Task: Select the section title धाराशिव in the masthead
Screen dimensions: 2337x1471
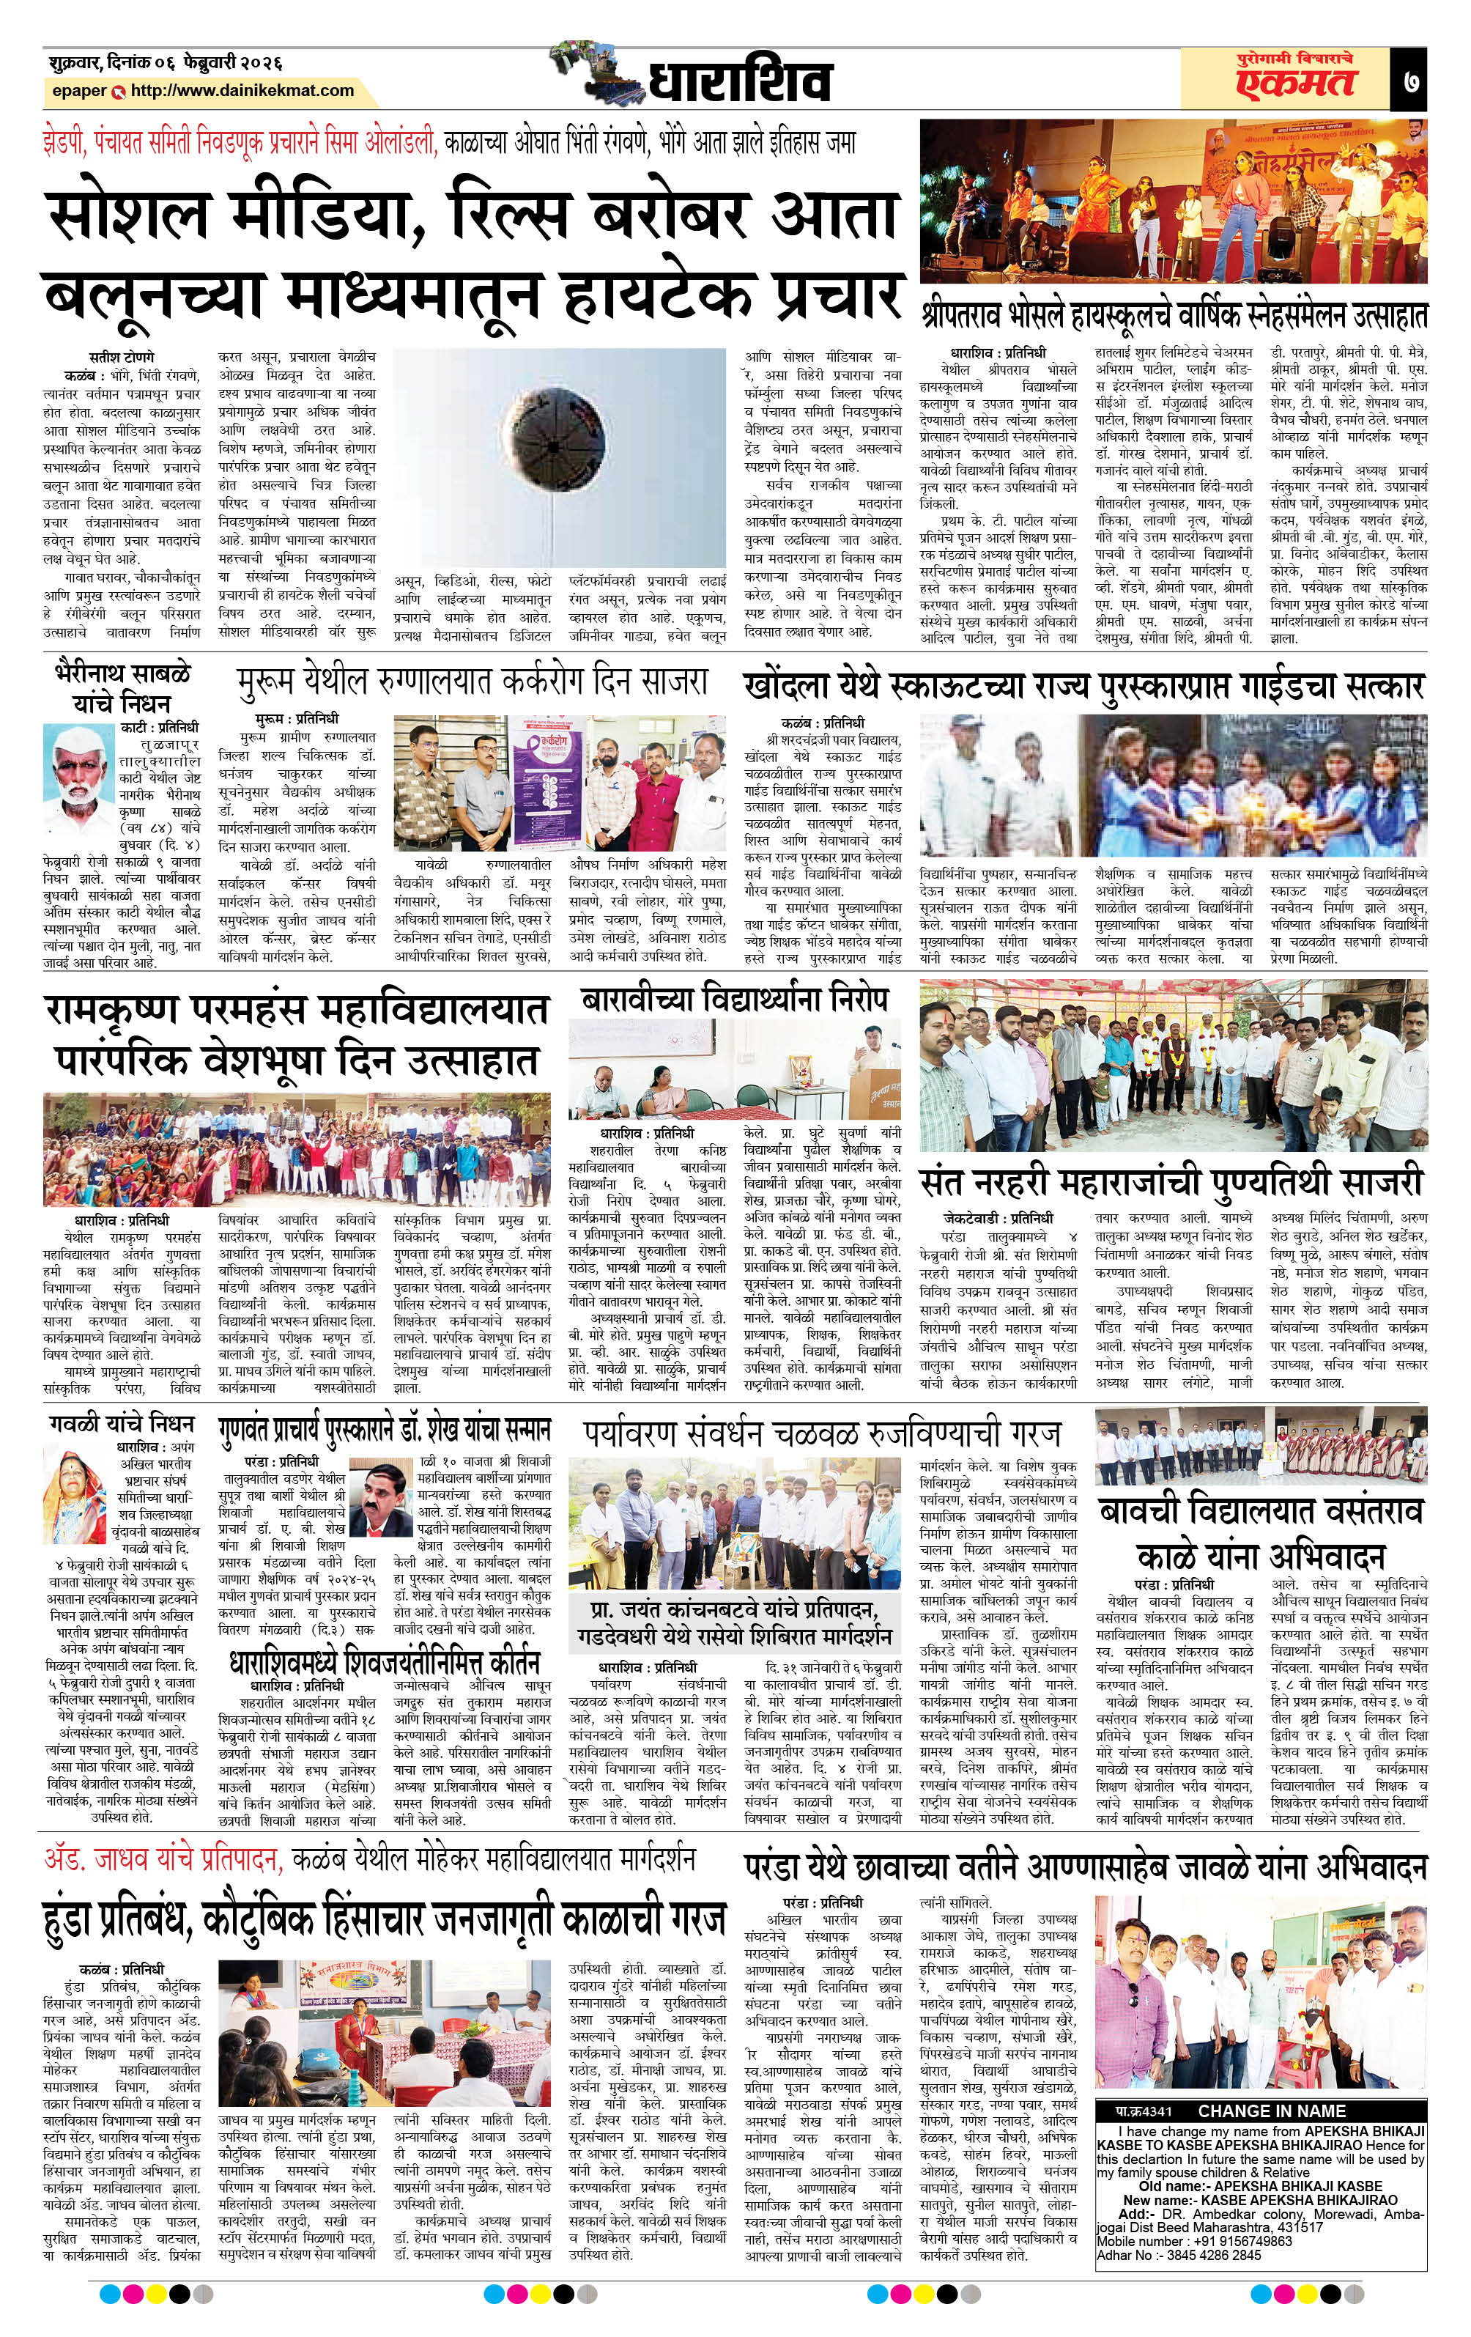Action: click(x=739, y=81)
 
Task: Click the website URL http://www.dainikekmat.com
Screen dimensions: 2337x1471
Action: click(x=242, y=91)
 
